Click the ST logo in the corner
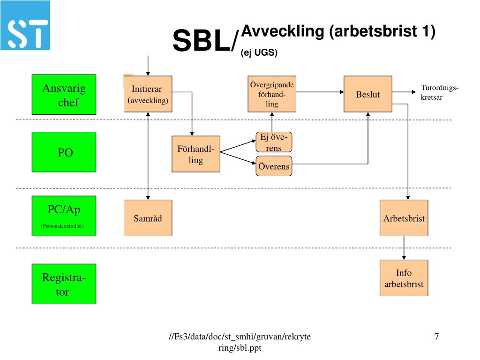[x=25, y=25]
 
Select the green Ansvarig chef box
[x=64, y=95]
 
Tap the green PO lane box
[x=64, y=152]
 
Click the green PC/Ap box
[x=64, y=216]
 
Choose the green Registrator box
[x=64, y=284]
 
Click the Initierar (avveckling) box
[x=148, y=94]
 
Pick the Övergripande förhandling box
[x=272, y=94]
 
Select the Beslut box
[x=368, y=94]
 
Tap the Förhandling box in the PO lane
[x=196, y=154]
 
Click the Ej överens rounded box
[x=274, y=142]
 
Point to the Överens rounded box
[x=274, y=166]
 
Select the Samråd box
[x=148, y=218]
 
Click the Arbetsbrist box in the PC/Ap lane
[x=404, y=218]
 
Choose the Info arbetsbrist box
[x=404, y=278]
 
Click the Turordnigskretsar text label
[x=439, y=93]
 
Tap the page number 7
[x=436, y=336]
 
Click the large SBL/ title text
[x=205, y=41]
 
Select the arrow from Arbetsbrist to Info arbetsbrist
[x=404, y=248]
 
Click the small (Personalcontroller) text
[x=62, y=226]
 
